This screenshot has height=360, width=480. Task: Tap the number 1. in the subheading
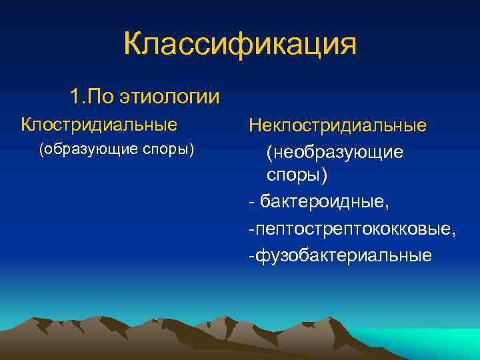tap(77, 97)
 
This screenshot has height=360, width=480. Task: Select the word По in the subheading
tap(101, 97)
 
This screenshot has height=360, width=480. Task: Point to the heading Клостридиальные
tap(99, 125)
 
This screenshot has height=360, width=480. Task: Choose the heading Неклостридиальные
tap(337, 126)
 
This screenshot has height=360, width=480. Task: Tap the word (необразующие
tap(334, 153)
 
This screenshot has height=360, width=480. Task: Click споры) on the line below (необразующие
tap(297, 175)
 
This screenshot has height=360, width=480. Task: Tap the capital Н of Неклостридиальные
tap(256, 126)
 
